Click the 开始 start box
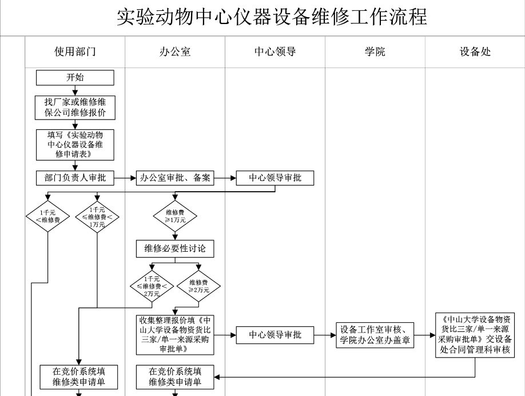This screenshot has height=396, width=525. tap(75, 77)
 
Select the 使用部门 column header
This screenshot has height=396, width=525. tap(75, 52)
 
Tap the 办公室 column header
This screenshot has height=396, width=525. tap(175, 52)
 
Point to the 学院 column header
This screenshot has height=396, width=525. tap(375, 52)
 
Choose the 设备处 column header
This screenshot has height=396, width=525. tap(475, 52)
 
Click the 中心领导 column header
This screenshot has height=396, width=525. tap(275, 52)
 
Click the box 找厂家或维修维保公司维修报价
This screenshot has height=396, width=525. tap(75, 107)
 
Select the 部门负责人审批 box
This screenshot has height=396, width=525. tap(75, 178)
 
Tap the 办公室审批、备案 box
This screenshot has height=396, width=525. tap(175, 178)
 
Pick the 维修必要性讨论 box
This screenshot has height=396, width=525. tap(175, 249)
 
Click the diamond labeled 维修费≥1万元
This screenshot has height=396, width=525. tap(175, 216)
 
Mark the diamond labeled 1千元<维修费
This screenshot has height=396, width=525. tap(47, 216)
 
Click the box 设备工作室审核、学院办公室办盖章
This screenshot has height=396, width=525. tap(375, 335)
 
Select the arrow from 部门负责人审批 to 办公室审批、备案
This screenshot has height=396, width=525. tap(125, 178)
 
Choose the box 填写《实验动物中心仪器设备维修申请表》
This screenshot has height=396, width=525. tap(75, 144)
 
